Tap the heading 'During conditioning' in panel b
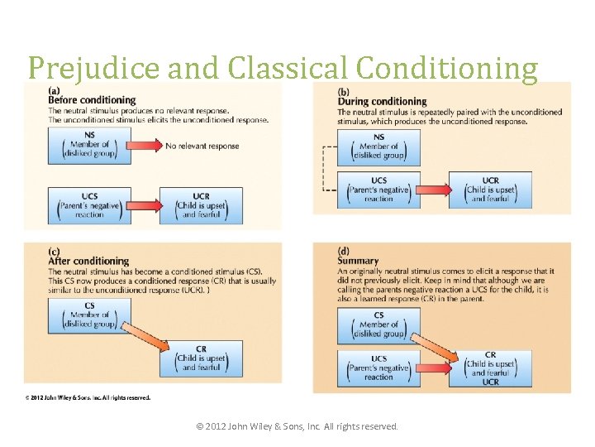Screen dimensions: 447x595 click(382, 101)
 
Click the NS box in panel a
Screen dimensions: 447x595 click(89, 147)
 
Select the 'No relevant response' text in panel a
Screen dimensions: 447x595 click(202, 147)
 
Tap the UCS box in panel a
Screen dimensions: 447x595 click(89, 205)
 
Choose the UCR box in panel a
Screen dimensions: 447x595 click(201, 205)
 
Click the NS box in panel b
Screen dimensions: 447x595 click(379, 147)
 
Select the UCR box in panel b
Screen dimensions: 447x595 click(490, 190)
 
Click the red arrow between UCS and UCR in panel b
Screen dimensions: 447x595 click(435, 190)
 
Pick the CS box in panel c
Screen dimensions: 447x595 click(89, 315)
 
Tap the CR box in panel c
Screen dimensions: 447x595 click(201, 358)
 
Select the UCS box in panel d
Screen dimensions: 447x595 click(379, 368)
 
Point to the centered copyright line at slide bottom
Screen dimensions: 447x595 click(297, 426)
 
